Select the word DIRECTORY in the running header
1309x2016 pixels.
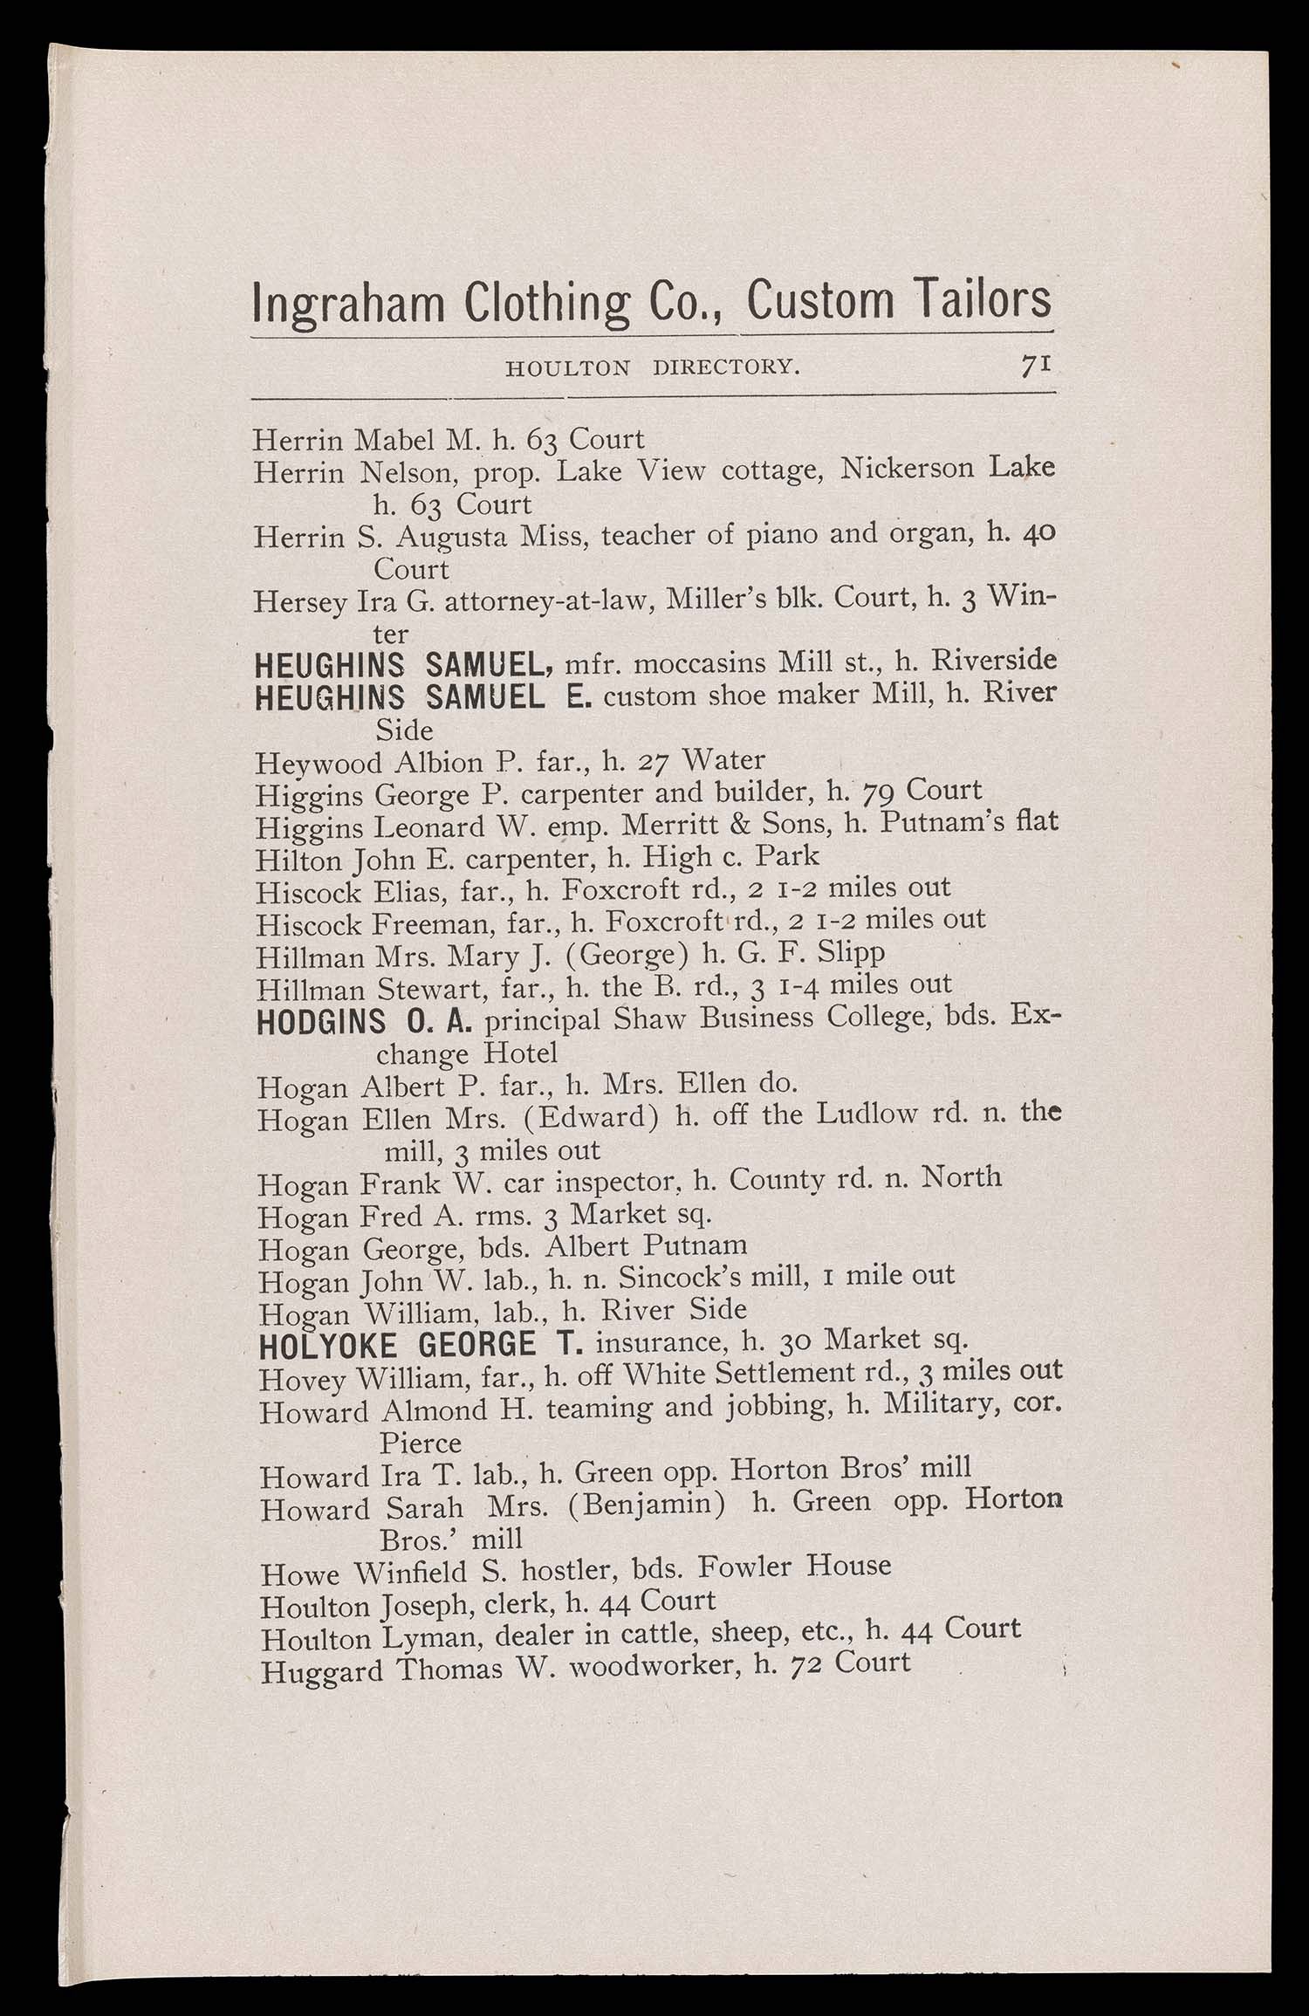[x=726, y=367]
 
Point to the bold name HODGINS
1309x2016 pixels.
[x=321, y=1022]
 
